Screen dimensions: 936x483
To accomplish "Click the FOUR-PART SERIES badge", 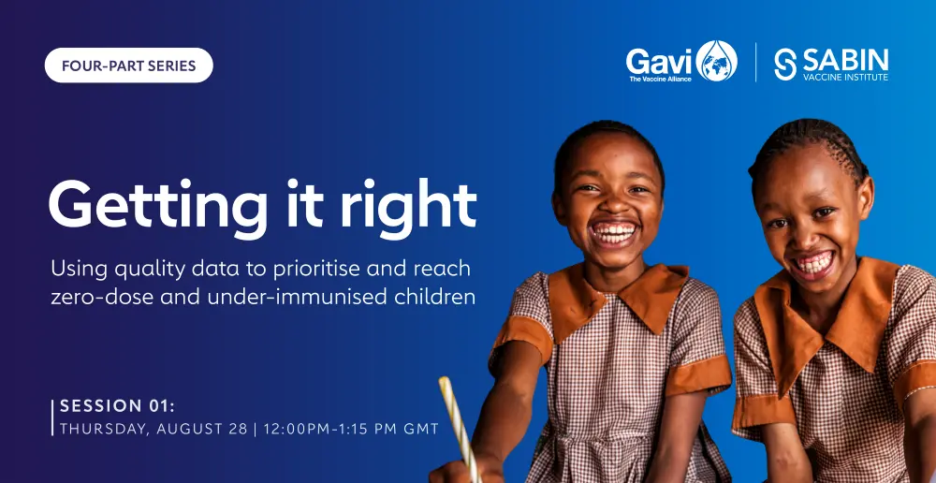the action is pos(129,66).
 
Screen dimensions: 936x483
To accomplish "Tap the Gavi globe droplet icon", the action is pos(716,61).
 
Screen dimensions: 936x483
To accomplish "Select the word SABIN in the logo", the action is pos(845,60).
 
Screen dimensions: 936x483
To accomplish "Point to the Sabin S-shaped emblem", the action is pos(785,64).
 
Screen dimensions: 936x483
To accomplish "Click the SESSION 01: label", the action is pos(118,406).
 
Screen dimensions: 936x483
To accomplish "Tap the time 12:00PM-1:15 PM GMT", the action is pos(351,429).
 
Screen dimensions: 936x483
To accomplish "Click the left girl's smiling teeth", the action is pos(614,232).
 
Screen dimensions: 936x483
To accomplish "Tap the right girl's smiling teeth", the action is pos(815,263).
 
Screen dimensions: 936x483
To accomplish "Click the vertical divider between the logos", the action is pos(756,62).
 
